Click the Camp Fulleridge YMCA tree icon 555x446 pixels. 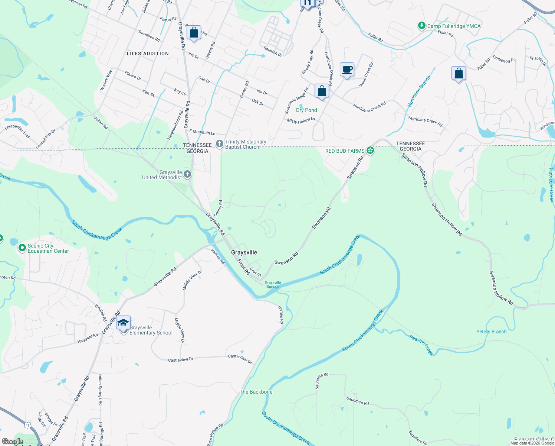(x=421, y=26)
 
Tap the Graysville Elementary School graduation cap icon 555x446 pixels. (x=123, y=323)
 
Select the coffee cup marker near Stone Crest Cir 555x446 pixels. (x=347, y=70)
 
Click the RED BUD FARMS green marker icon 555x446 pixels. (x=370, y=151)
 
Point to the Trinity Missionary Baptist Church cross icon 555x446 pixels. (x=220, y=144)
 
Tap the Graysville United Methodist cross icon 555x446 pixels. (x=187, y=174)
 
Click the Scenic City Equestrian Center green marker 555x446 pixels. (x=22, y=248)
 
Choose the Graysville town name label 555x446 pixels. (x=244, y=252)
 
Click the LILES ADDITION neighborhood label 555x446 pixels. (x=148, y=54)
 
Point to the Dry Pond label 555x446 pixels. (x=306, y=110)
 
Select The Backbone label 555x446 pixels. (x=256, y=392)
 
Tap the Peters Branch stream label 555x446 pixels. (x=491, y=332)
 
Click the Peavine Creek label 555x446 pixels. (x=421, y=345)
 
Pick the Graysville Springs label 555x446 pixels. (x=273, y=284)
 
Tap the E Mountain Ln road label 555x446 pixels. (x=202, y=132)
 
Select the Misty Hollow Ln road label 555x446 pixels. (x=301, y=120)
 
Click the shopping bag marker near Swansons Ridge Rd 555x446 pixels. (x=322, y=91)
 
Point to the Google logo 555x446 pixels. (x=12, y=442)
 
